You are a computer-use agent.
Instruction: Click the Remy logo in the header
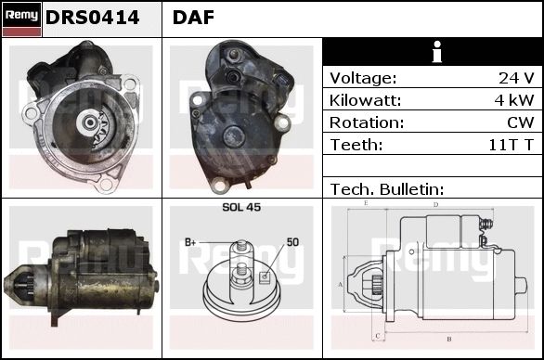click(22, 19)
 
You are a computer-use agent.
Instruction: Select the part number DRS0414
click(92, 18)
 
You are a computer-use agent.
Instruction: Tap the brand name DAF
click(193, 18)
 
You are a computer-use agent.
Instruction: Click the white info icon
click(437, 52)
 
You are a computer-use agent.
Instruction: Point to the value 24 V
click(516, 78)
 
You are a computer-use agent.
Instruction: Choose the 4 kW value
click(514, 100)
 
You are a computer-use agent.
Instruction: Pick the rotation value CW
click(521, 122)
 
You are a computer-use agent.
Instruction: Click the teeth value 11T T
click(511, 145)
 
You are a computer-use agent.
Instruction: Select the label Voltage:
click(363, 78)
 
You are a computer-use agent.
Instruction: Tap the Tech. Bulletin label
click(387, 189)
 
